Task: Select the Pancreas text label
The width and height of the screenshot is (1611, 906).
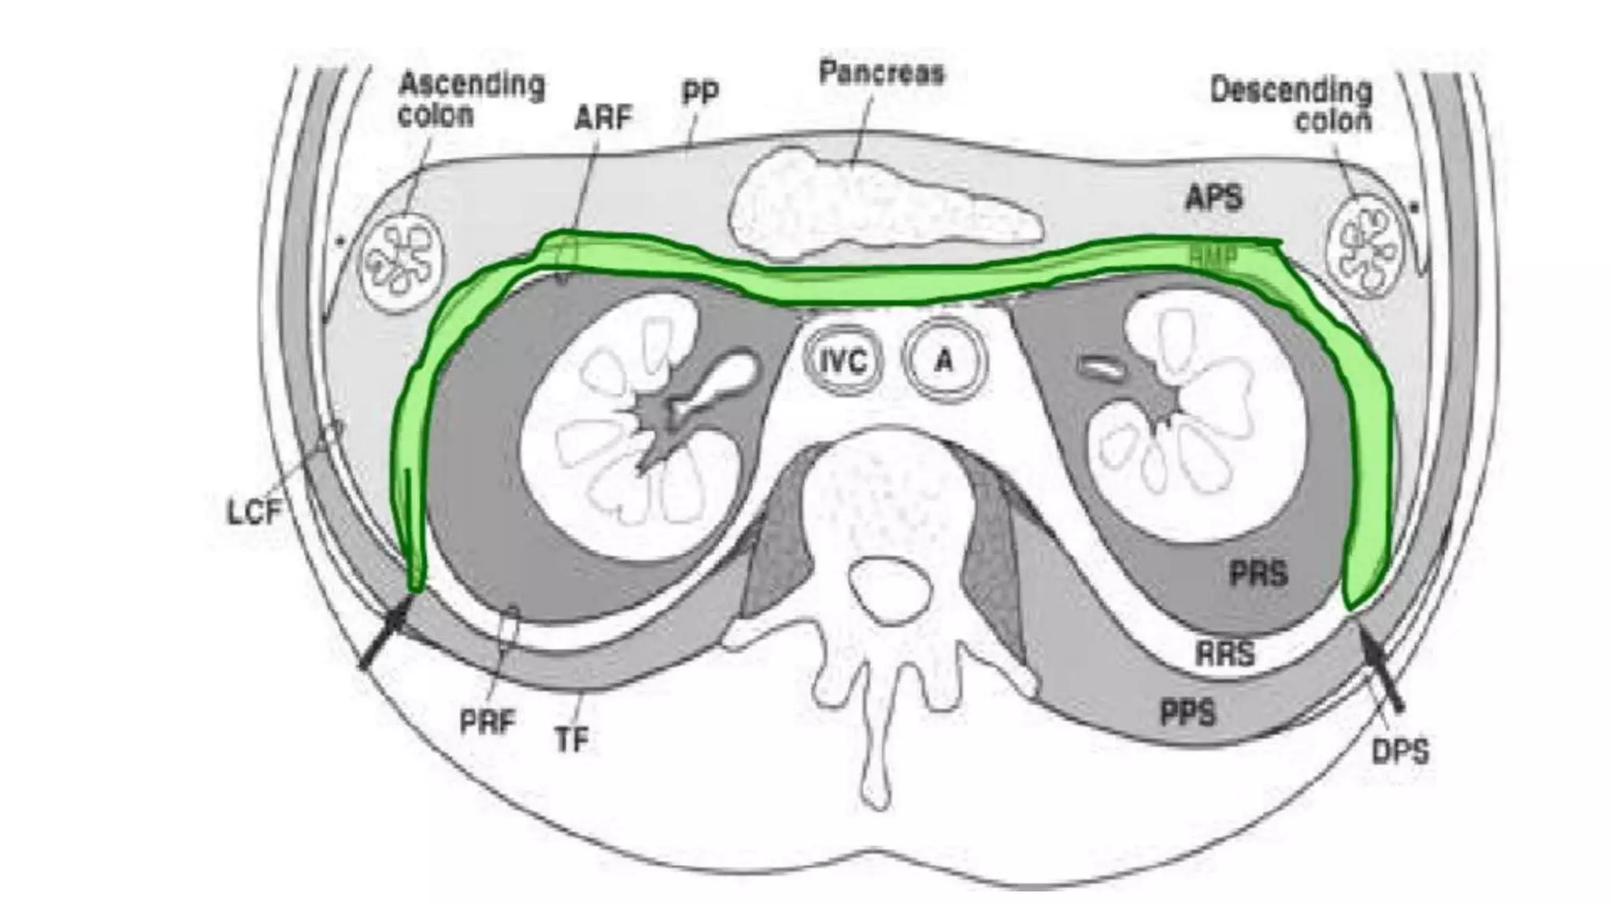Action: [881, 72]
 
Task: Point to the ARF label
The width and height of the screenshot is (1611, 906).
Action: [603, 118]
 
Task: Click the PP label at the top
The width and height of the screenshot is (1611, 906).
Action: [699, 93]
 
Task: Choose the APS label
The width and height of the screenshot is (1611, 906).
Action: [1214, 197]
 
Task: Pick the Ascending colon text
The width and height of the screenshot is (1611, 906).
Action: [470, 99]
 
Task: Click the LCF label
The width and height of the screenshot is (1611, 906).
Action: [253, 512]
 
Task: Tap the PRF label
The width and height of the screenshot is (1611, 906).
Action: [487, 721]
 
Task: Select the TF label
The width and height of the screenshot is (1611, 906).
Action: [572, 739]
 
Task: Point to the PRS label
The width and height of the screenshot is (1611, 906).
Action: [1259, 573]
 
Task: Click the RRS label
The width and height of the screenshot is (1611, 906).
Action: [1225, 654]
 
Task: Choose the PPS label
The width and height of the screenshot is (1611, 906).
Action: [1188, 713]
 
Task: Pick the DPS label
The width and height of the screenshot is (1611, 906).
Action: [1400, 752]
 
